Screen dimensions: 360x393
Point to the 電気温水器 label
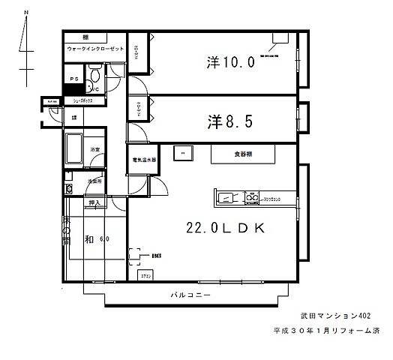click(144, 160)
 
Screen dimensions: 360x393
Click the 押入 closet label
click(94, 202)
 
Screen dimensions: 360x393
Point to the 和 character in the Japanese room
click(88, 239)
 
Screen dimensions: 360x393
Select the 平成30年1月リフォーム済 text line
click(325, 330)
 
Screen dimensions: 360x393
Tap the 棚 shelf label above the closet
click(86, 37)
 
